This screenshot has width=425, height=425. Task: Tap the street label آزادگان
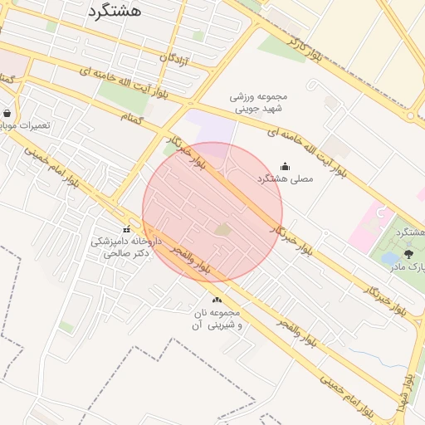[175, 60]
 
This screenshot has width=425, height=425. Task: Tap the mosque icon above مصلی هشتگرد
[286, 166]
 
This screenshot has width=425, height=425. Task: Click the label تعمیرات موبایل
[25, 125]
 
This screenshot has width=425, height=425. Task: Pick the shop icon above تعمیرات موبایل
[7, 113]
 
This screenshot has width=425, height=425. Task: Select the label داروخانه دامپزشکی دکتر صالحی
[121, 247]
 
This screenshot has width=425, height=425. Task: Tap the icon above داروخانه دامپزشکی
[126, 229]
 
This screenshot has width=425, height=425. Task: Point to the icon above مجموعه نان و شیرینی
[217, 300]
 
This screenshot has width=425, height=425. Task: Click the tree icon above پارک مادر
[408, 254]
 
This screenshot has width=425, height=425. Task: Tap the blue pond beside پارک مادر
[389, 259]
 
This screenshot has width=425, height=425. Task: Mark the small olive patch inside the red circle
[223, 228]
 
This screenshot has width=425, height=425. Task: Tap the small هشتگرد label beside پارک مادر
[405, 231]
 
